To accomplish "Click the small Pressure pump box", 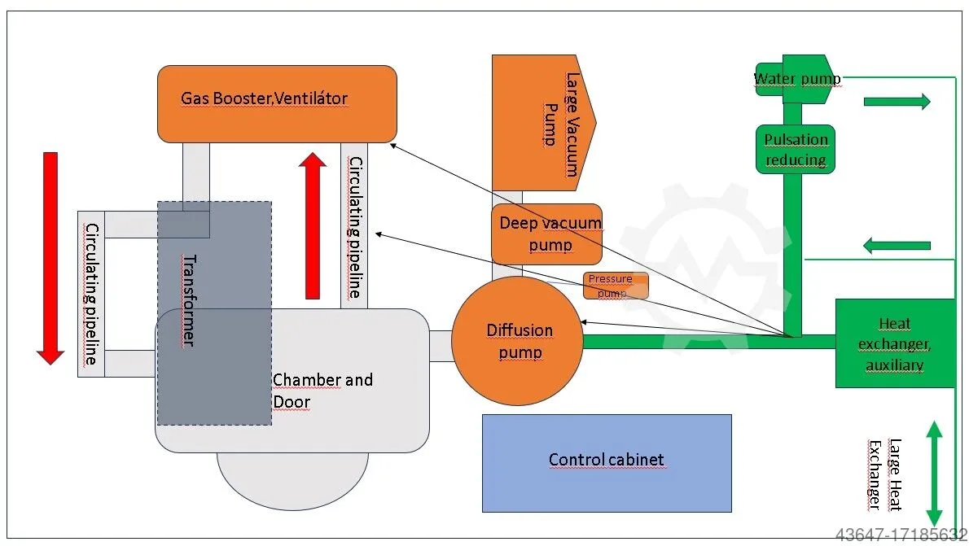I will [616, 286].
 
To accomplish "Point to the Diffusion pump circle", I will [518, 341].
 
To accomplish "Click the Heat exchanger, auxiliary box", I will [894, 343].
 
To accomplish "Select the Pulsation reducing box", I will [796, 149].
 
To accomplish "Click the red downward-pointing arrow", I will [50, 257].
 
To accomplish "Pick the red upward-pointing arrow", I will [312, 227].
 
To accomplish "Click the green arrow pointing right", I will [897, 102].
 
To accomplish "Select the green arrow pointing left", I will [897, 244].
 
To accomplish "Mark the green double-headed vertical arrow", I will [934, 473].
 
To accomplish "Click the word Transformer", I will [187, 300].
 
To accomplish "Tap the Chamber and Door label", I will [322, 391].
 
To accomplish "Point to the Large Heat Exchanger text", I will [884, 474].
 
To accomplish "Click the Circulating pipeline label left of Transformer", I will [92, 294].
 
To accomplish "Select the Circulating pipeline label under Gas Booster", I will [354, 228].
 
